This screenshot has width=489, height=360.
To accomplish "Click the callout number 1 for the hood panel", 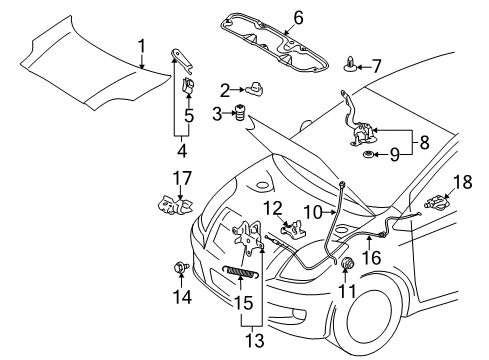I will click(x=141, y=44).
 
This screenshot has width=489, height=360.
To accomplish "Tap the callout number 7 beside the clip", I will click(x=377, y=66).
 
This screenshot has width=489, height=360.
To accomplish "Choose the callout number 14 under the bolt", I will click(x=181, y=296).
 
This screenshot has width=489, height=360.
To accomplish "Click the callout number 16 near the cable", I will click(x=370, y=256).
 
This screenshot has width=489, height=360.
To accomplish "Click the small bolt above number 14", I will click(x=181, y=267).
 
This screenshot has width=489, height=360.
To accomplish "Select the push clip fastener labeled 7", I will click(x=352, y=66).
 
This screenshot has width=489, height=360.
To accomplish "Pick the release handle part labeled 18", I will click(x=435, y=204).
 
